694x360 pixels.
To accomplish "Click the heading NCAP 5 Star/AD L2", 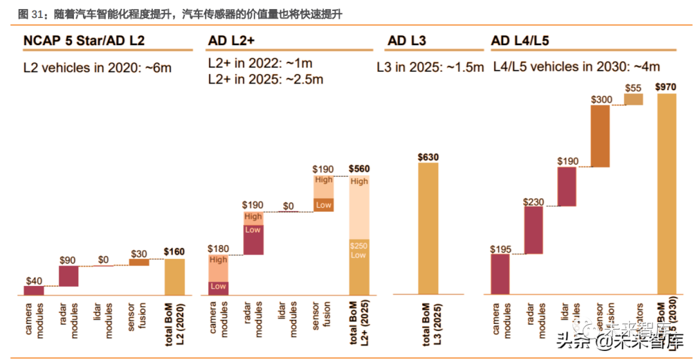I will point(84,41).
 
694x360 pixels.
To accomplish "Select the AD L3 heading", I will point(407,41).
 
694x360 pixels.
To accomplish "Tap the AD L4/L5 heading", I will point(520,41).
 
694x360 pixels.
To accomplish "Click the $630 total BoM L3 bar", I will point(428,228).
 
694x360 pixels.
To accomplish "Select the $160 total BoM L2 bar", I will point(174,276).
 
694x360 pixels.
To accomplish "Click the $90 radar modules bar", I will point(68,276).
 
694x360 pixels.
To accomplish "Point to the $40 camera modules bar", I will point(33,291).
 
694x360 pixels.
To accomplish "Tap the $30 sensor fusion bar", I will point(139,262).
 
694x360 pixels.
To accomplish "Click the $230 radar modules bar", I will point(534,230).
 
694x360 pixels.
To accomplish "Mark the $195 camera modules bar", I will point(500,274).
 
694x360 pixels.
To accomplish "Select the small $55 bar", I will point(634,99).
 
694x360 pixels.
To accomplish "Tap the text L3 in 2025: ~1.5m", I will point(430,66).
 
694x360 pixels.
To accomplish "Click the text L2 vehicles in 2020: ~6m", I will point(97,66).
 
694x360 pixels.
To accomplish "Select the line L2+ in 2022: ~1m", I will point(260,64).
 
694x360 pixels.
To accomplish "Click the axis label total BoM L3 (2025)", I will point(429,328).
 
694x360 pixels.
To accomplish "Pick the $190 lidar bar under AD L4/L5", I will point(567,186).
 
